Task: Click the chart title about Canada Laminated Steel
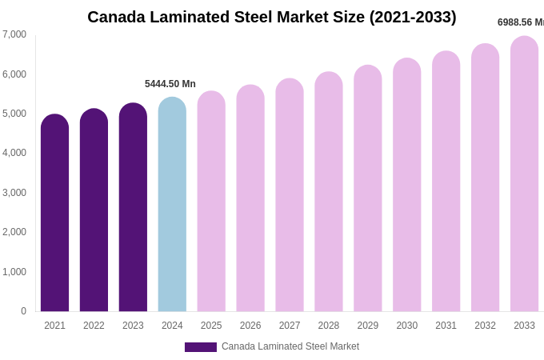(x=272, y=17)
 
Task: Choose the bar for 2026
(x=250, y=198)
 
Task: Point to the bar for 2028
(x=328, y=192)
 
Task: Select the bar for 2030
(x=406, y=185)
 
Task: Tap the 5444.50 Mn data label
(x=170, y=84)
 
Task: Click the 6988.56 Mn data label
(x=520, y=22)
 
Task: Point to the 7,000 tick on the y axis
(x=14, y=34)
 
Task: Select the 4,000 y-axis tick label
(x=14, y=153)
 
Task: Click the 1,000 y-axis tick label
(x=14, y=272)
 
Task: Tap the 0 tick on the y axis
(x=23, y=311)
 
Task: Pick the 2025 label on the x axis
(x=211, y=326)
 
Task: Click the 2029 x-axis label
(x=367, y=326)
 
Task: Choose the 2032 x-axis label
(x=485, y=326)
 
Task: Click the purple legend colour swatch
(x=200, y=347)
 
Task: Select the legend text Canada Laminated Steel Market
(x=290, y=346)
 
